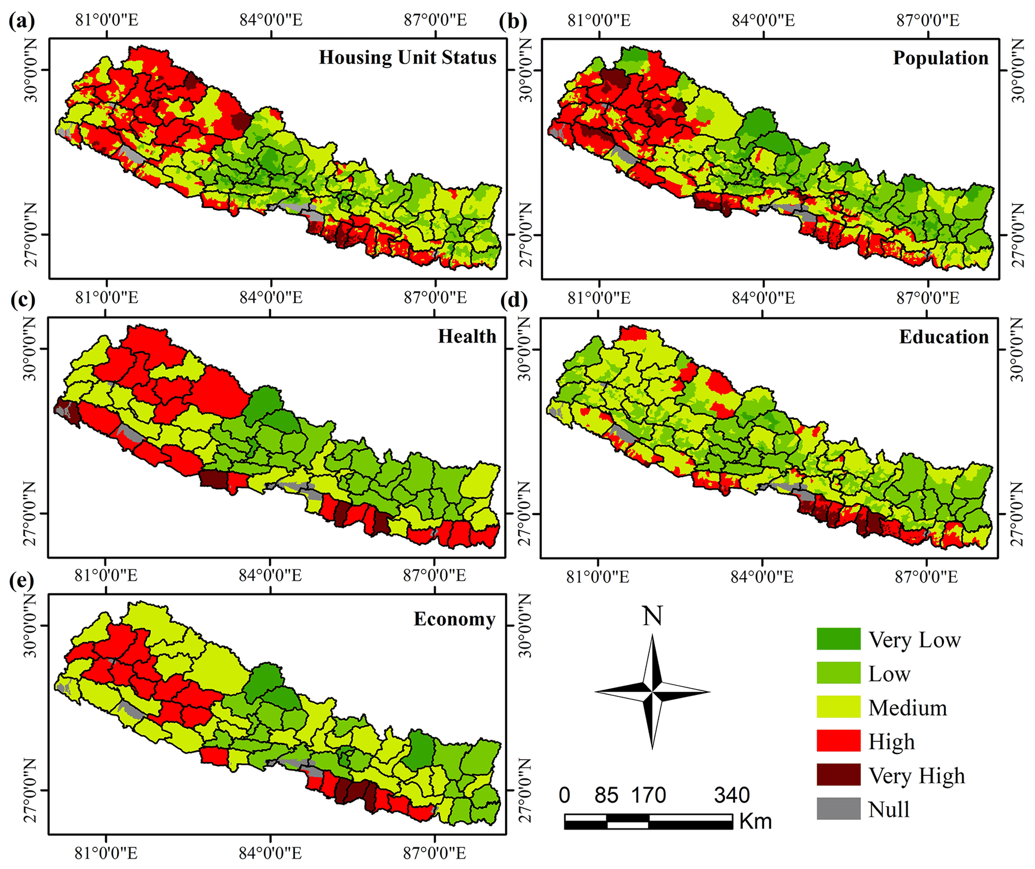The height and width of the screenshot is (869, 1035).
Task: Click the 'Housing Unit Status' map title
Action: pos(408,58)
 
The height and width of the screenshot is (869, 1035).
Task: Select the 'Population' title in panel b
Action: pos(940,58)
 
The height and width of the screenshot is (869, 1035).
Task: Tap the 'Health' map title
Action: pos(467,336)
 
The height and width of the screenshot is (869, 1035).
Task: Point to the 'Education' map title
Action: pos(943,337)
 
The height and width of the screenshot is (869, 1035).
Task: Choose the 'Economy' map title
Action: pos(454,619)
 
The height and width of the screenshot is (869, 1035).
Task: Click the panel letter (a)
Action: pos(22,21)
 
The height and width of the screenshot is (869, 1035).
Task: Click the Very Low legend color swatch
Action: pos(838,639)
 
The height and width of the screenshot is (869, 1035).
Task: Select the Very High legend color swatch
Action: pos(838,775)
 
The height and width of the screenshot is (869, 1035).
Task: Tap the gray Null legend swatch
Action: pos(838,809)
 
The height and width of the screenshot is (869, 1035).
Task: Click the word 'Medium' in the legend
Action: pos(907,708)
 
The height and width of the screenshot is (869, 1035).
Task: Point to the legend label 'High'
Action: pos(891,742)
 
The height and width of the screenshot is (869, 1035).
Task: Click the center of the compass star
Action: pos(652,692)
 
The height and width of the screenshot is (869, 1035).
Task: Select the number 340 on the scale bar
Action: pos(732,795)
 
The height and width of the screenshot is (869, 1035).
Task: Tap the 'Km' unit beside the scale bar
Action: pos(755,821)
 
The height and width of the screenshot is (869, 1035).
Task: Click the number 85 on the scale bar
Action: pos(606,795)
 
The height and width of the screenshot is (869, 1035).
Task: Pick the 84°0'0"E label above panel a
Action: pos(271,20)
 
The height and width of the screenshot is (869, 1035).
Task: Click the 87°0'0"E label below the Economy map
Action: pos(435,853)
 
